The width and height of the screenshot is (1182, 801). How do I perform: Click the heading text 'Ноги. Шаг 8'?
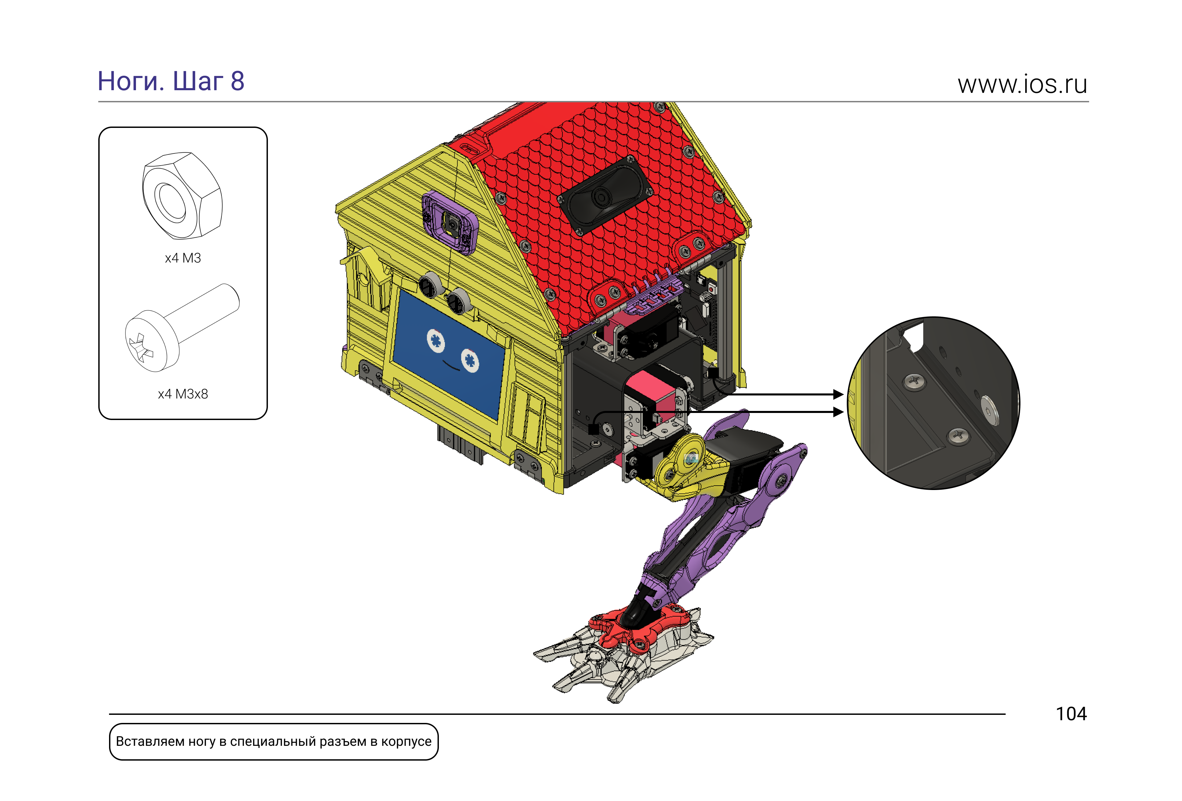(171, 81)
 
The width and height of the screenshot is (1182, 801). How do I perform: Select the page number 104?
(1071, 714)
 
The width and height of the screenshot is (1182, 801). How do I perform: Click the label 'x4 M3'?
(183, 258)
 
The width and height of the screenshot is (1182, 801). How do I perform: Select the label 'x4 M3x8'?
(183, 394)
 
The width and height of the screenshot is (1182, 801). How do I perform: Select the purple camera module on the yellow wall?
(450, 222)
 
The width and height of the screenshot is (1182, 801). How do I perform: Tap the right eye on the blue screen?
(470, 360)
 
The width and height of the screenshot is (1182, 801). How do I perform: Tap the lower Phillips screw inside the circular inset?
(958, 436)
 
